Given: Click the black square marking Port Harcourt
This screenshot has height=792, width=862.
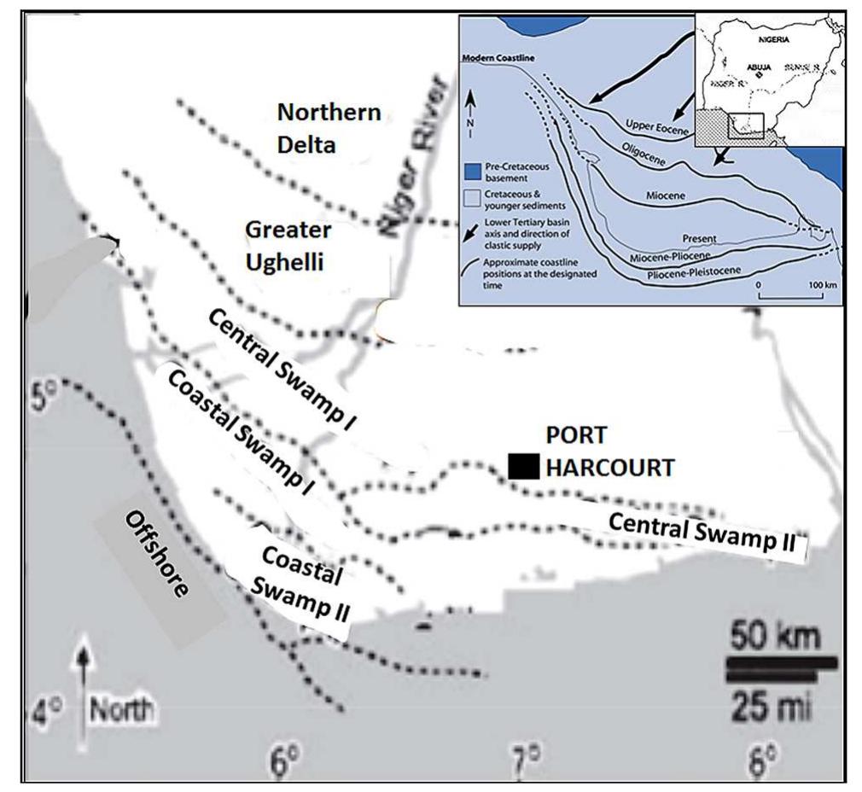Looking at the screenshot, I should point(523,466).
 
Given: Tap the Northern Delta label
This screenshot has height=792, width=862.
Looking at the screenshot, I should point(329,128).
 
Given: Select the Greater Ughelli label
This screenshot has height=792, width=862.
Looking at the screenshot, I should point(288,246).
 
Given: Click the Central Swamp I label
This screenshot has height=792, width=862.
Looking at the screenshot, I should point(282,368).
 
